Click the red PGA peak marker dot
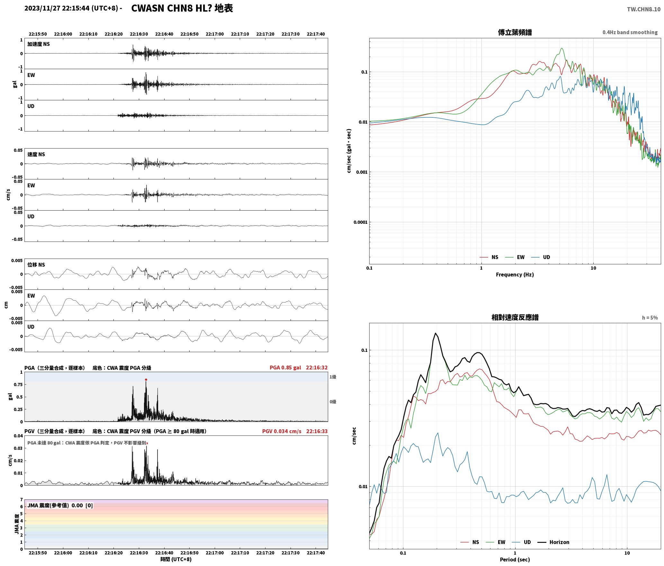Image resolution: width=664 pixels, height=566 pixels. tap(146, 380)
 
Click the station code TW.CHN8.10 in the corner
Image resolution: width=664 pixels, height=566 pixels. tap(643, 9)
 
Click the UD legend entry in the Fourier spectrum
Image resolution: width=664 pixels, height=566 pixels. tap(541, 257)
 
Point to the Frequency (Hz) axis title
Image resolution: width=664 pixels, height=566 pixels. tap(515, 275)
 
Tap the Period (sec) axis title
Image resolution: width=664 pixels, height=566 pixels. tap(515, 560)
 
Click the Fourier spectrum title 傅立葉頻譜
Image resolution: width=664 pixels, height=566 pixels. tap(515, 32)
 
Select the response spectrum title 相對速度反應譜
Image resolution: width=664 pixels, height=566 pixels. tap(515, 317)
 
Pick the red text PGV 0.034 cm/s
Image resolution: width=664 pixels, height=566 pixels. tap(282, 431)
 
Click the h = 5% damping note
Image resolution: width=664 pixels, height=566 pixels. tap(650, 318)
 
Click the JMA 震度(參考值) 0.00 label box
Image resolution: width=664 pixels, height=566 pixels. tap(60, 506)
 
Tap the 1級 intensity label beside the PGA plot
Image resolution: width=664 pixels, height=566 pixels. tap(333, 377)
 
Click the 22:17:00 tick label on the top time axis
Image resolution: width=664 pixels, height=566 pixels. tap(215, 34)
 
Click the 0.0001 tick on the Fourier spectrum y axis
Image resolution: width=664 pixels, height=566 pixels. tap(361, 222)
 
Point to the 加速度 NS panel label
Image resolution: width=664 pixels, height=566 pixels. tap(39, 44)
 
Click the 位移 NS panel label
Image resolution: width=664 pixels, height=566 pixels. tap(36, 265)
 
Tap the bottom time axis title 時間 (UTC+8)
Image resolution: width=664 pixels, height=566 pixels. tap(176, 559)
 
